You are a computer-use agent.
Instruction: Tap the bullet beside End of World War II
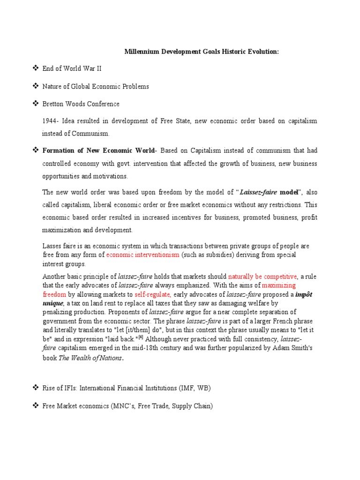click(35, 68)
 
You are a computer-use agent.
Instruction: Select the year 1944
click(50, 121)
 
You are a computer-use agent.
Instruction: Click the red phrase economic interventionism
click(143, 255)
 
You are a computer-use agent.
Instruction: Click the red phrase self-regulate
click(152, 294)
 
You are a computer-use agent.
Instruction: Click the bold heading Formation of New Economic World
click(99, 150)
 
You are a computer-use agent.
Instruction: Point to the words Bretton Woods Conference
click(81, 104)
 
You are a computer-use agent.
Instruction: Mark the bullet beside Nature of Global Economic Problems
click(35, 86)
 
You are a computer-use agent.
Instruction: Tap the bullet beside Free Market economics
click(35, 405)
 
